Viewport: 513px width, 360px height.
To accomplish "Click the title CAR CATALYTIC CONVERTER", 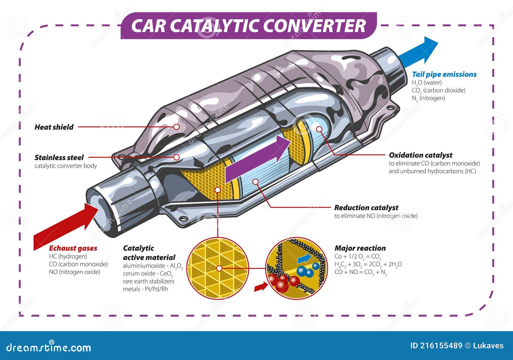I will pyautogui.click(x=248, y=26).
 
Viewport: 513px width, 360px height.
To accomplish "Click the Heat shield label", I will pyautogui.click(x=54, y=127).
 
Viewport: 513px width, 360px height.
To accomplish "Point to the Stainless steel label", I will pyautogui.click(x=59, y=158).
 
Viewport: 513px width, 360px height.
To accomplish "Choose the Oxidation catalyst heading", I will pyautogui.click(x=420, y=155).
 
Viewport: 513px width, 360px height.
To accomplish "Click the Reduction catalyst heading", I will pyautogui.click(x=366, y=208).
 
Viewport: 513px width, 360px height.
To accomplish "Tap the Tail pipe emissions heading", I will pyautogui.click(x=444, y=74).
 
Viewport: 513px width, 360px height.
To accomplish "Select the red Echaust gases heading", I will pyautogui.click(x=73, y=248).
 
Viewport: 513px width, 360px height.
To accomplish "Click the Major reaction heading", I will pyautogui.click(x=360, y=248).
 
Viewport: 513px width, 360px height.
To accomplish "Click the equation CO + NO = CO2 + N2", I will pyautogui.click(x=360, y=272).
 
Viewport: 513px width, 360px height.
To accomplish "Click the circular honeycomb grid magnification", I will pyautogui.click(x=218, y=268).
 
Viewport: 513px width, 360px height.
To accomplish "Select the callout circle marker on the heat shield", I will pyautogui.click(x=176, y=127).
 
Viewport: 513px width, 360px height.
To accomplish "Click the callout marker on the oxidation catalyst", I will pyautogui.click(x=319, y=129).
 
